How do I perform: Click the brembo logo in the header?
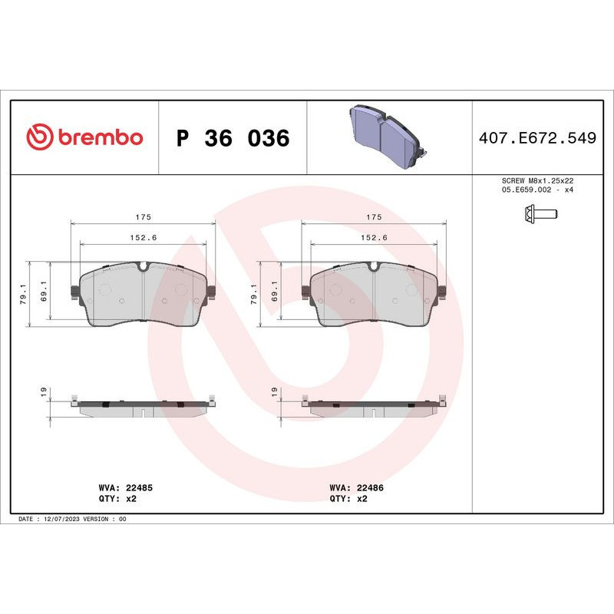click(x=84, y=137)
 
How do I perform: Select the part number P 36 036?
click(x=233, y=139)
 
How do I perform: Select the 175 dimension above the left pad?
click(x=144, y=217)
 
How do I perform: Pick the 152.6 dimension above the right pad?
click(x=375, y=238)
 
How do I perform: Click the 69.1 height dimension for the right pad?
click(x=275, y=294)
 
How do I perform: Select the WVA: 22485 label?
click(x=126, y=487)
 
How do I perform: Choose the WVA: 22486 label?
click(x=357, y=487)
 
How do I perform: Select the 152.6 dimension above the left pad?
click(x=144, y=238)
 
